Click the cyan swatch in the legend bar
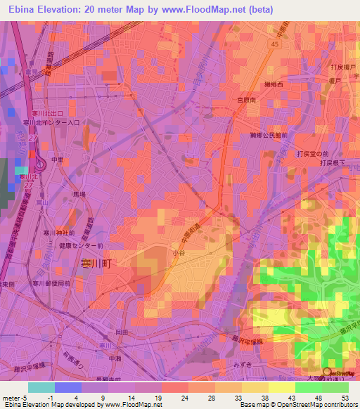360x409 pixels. (41, 387)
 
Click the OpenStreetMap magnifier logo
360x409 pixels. (327, 372)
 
